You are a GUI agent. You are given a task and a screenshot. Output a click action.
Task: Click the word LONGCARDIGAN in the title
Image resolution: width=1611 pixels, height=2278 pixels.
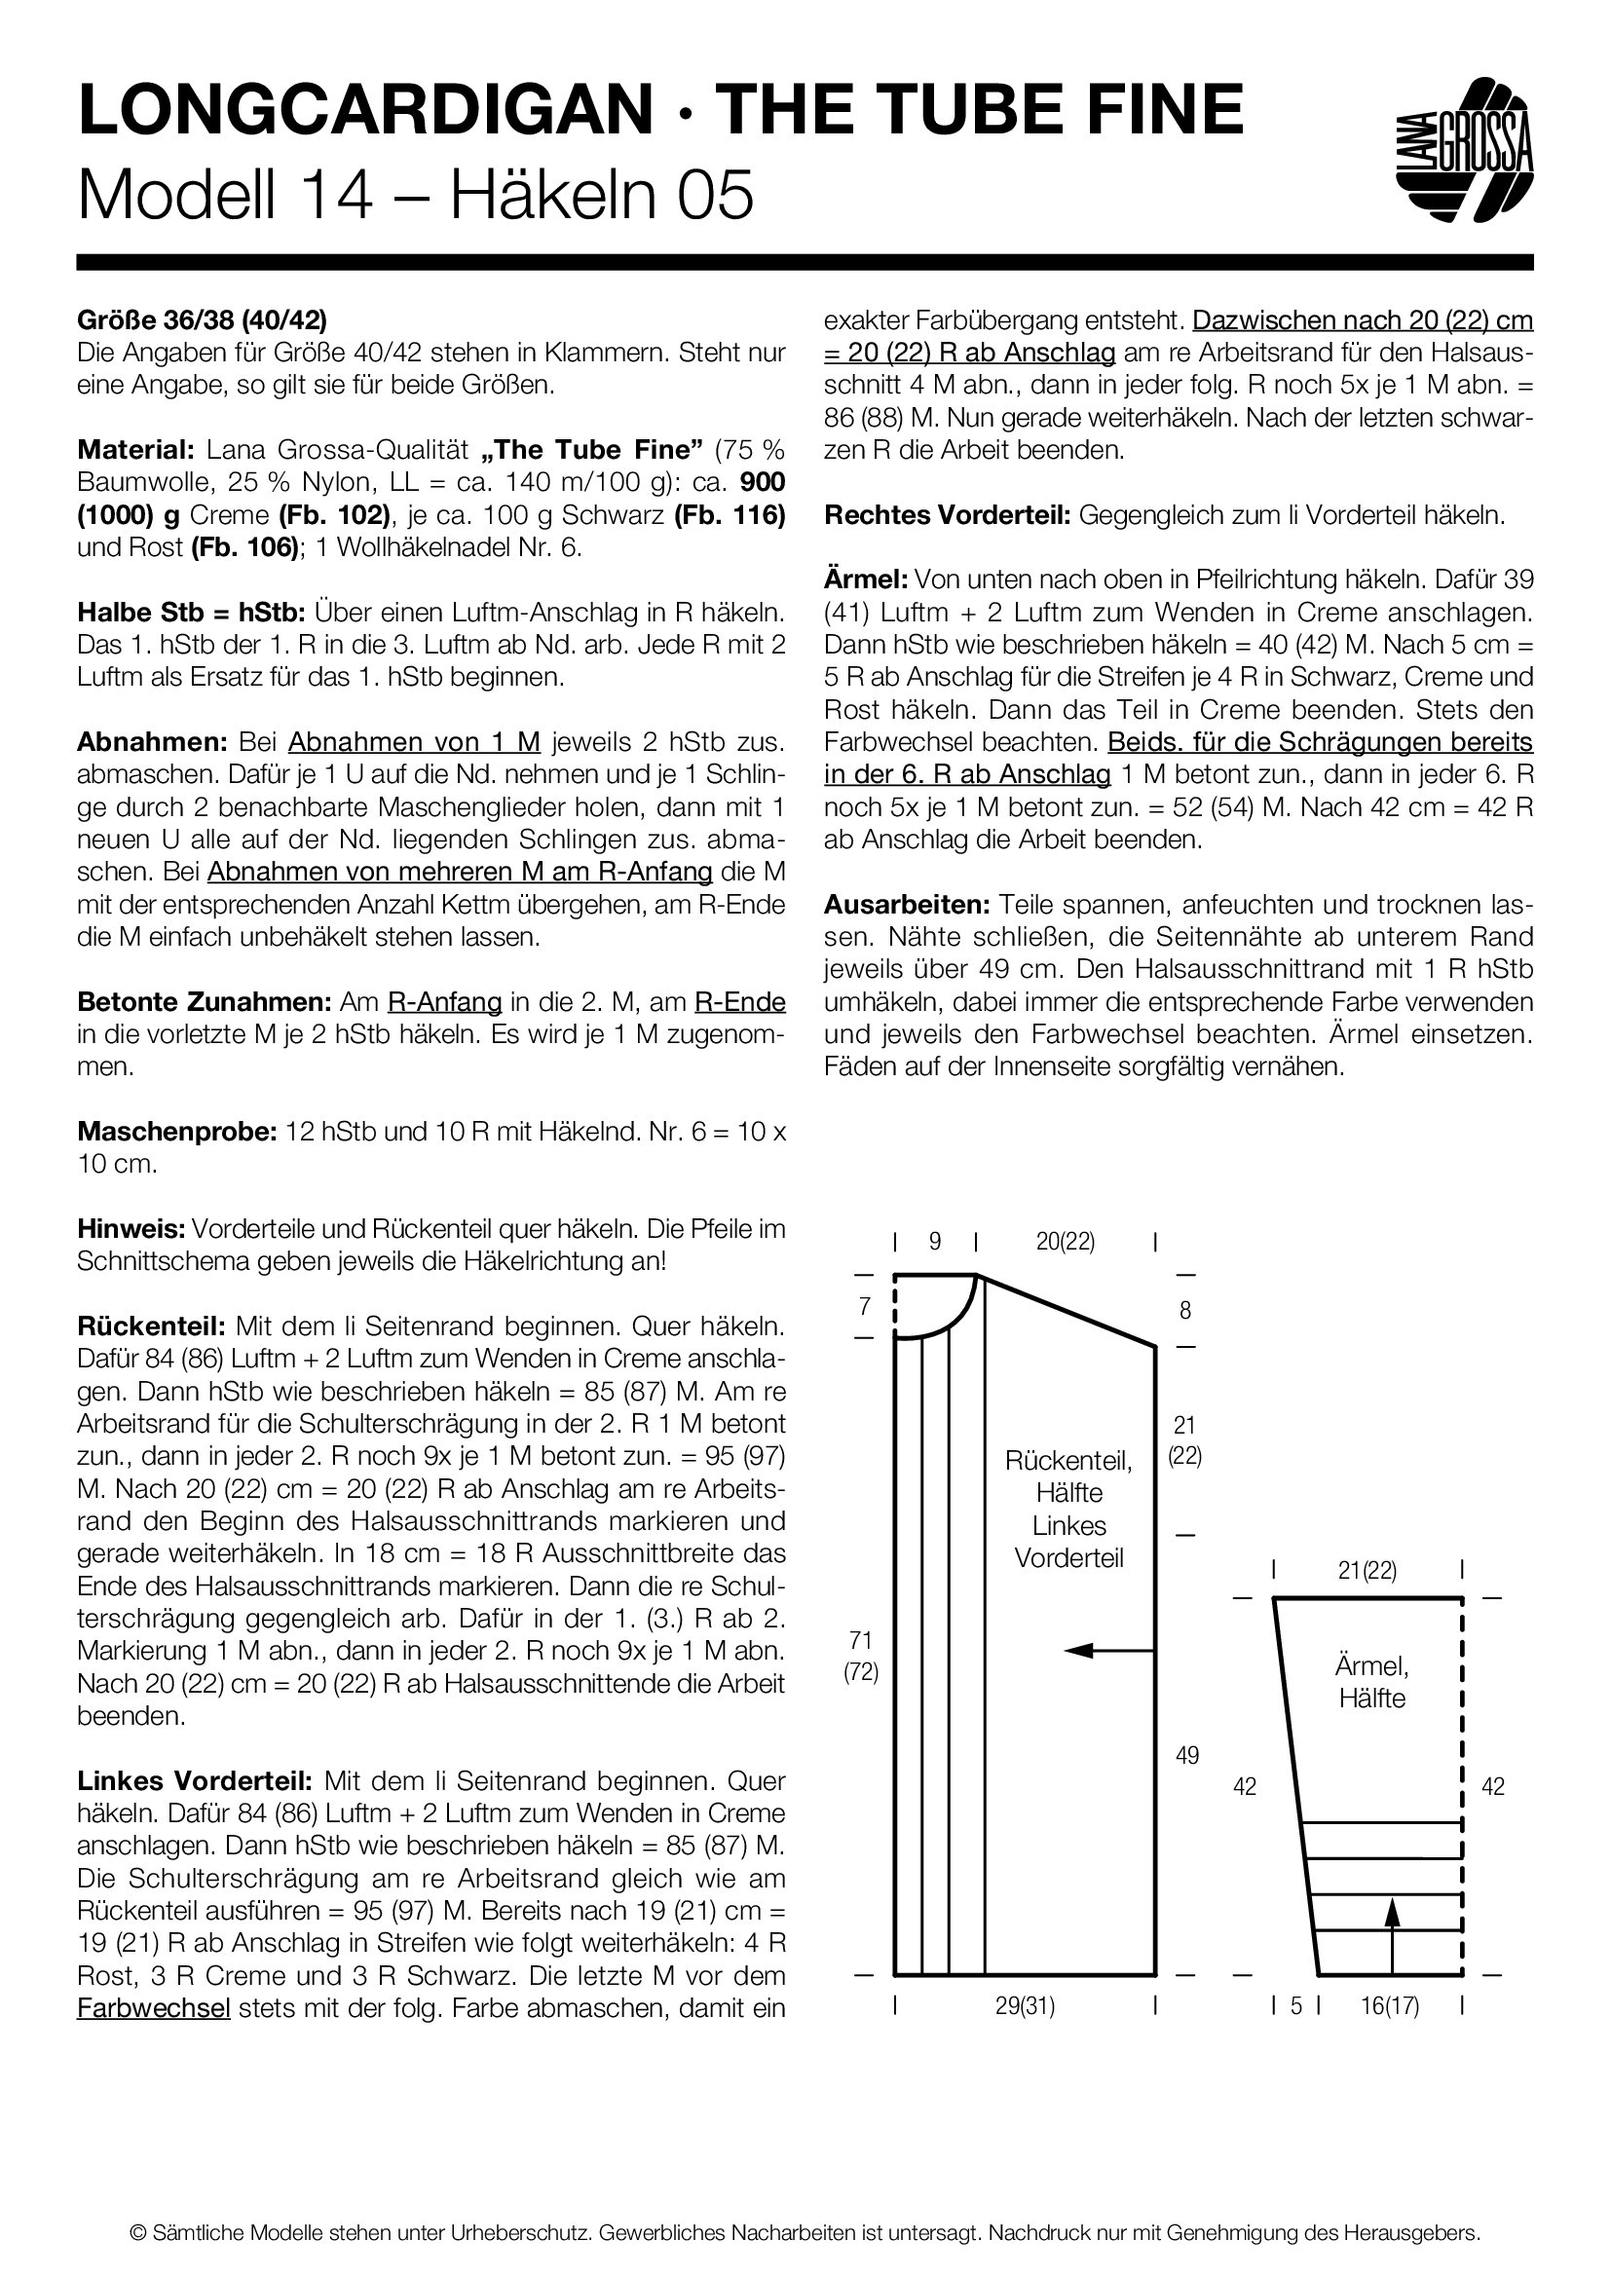tap(365, 109)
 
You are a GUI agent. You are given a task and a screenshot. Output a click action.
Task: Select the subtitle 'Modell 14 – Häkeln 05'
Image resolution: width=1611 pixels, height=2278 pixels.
tap(415, 195)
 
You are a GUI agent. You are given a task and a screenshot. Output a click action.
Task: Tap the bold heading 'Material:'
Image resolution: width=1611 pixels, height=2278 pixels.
tap(136, 449)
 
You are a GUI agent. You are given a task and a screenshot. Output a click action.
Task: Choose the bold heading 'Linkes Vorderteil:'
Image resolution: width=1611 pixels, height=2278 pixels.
tap(195, 1780)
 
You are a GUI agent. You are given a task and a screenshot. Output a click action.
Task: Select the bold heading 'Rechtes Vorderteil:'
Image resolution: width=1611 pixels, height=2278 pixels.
tap(947, 515)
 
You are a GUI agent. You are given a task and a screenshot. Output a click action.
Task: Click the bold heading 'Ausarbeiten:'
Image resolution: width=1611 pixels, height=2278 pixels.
tap(907, 904)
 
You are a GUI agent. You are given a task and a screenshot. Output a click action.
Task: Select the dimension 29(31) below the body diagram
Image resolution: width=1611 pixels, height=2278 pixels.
tap(1025, 2006)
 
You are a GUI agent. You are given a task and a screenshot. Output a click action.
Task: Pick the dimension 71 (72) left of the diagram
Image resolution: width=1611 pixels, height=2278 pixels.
tap(861, 1656)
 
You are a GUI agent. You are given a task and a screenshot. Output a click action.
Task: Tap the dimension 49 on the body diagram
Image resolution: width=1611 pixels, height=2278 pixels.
tap(1186, 1755)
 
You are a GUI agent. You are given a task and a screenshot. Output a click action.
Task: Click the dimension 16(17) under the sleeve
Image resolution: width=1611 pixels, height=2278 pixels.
tap(1389, 2006)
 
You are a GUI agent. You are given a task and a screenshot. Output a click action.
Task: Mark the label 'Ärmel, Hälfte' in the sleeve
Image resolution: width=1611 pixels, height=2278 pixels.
tap(1372, 1682)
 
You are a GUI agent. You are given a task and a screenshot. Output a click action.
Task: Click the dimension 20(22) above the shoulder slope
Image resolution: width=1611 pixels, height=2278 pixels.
tap(1066, 1241)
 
